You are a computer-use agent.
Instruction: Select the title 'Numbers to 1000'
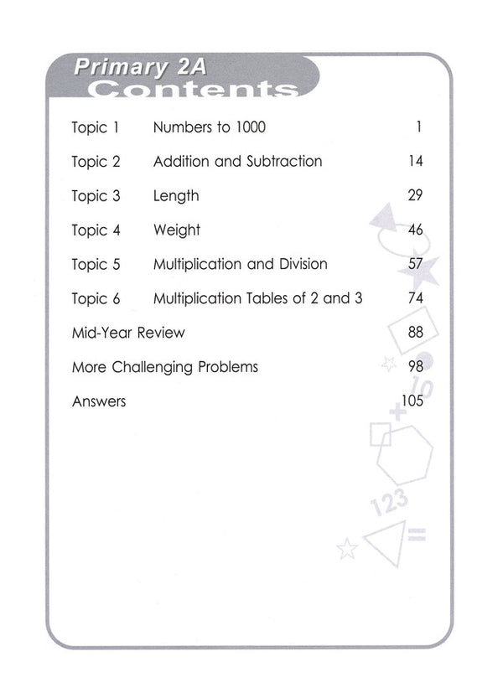pyautogui.click(x=210, y=128)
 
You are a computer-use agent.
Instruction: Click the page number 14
pyautogui.click(x=416, y=162)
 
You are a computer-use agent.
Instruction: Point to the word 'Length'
pyautogui.click(x=176, y=196)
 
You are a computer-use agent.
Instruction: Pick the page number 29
pyautogui.click(x=415, y=196)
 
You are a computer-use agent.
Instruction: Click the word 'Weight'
pyautogui.click(x=177, y=230)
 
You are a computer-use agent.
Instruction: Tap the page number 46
pyautogui.click(x=415, y=230)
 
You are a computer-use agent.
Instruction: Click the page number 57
pyautogui.click(x=415, y=265)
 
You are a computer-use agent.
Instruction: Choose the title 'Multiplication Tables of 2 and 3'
pyautogui.click(x=257, y=298)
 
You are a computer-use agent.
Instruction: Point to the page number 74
pyautogui.click(x=415, y=298)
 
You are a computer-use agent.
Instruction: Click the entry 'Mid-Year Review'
pyautogui.click(x=128, y=333)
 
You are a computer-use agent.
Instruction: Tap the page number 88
pyautogui.click(x=415, y=333)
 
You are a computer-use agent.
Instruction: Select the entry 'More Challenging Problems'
pyautogui.click(x=165, y=367)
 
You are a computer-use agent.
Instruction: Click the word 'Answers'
pyautogui.click(x=99, y=401)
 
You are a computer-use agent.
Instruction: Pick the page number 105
pyautogui.click(x=412, y=401)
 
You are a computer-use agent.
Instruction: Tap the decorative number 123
pyautogui.click(x=387, y=504)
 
